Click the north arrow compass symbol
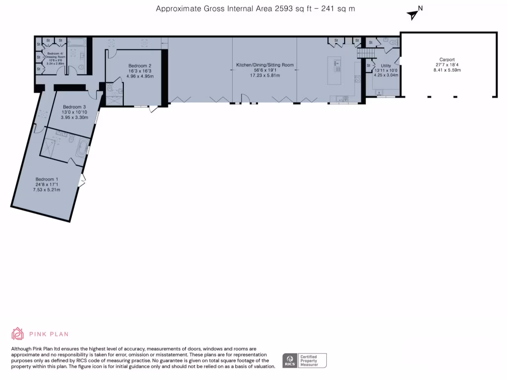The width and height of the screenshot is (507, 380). point(413,14)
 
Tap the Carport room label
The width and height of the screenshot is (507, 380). point(447,60)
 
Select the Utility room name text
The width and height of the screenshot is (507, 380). point(386,65)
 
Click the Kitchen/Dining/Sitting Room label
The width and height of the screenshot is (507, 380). point(265,65)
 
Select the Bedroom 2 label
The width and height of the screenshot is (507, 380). point(140,66)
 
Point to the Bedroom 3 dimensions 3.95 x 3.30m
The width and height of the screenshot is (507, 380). point(75,118)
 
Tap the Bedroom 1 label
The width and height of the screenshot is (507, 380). point(47,179)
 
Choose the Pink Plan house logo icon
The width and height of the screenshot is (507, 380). point(18,333)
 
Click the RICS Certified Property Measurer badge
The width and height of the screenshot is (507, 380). point(304,360)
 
